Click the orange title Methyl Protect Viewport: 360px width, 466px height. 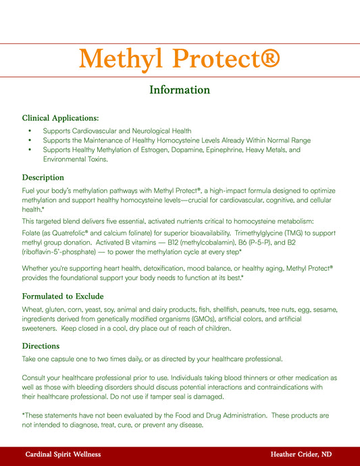coord(179,61)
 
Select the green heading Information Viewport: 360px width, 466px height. coord(180,90)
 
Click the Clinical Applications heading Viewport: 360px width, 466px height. coord(60,118)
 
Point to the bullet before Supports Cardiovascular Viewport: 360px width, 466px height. coord(30,131)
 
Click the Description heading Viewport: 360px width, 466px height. coord(43,178)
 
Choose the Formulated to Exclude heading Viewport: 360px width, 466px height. coord(62,296)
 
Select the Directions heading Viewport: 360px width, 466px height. coord(41,346)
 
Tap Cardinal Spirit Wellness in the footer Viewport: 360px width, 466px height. coord(63,455)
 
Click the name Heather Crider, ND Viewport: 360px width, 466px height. coord(301,455)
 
